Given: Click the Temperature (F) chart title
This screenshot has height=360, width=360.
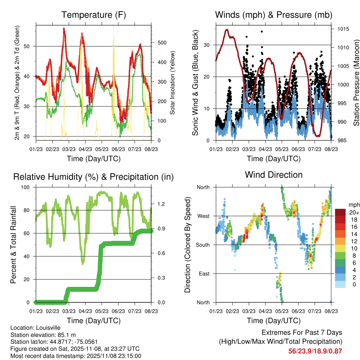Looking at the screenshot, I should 94,15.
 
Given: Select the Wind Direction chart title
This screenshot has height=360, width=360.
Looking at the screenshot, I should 274,174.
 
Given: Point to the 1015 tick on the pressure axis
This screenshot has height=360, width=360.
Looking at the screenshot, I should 342,29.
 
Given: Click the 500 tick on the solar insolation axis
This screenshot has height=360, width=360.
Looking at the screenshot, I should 162,43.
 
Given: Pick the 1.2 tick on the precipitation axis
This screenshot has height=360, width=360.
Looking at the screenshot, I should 161,204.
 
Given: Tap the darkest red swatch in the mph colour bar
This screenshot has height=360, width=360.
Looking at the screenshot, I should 340,212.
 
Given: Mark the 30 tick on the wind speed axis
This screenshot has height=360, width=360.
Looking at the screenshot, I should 207,45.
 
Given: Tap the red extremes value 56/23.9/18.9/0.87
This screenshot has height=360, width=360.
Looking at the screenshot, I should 315,351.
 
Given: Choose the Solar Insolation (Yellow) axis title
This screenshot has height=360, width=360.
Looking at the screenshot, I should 173,83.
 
